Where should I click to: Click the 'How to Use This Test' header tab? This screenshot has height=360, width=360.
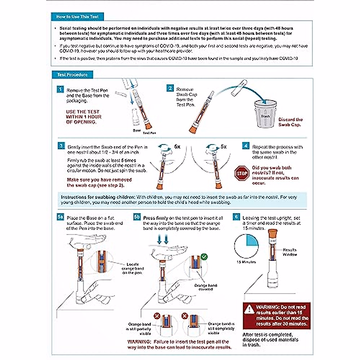[x=77, y=17]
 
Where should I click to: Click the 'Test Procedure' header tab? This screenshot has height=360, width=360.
[x=72, y=75]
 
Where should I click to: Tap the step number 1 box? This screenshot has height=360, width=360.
[x=60, y=89]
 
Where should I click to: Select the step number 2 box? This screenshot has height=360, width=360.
[x=170, y=88]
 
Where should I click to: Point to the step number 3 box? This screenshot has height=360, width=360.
[x=61, y=146]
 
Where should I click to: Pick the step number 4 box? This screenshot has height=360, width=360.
[x=246, y=146]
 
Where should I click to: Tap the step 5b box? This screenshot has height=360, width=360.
[x=137, y=217]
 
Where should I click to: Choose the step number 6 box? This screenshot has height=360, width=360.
[x=236, y=217]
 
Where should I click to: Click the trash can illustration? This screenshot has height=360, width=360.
[x=265, y=115]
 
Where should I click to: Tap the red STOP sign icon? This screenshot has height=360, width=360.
[x=242, y=173]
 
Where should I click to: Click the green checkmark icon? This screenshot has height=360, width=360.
[x=204, y=257]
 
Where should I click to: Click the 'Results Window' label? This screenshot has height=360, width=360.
[x=290, y=252]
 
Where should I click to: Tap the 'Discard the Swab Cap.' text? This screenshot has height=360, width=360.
[x=290, y=122]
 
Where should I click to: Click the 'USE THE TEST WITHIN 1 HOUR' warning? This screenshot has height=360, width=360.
[x=84, y=117]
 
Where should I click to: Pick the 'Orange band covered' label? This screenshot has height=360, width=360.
[x=205, y=287]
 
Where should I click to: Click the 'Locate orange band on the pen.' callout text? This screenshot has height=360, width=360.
[x=133, y=268]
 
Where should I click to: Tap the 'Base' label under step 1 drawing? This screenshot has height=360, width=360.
[x=136, y=130]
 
